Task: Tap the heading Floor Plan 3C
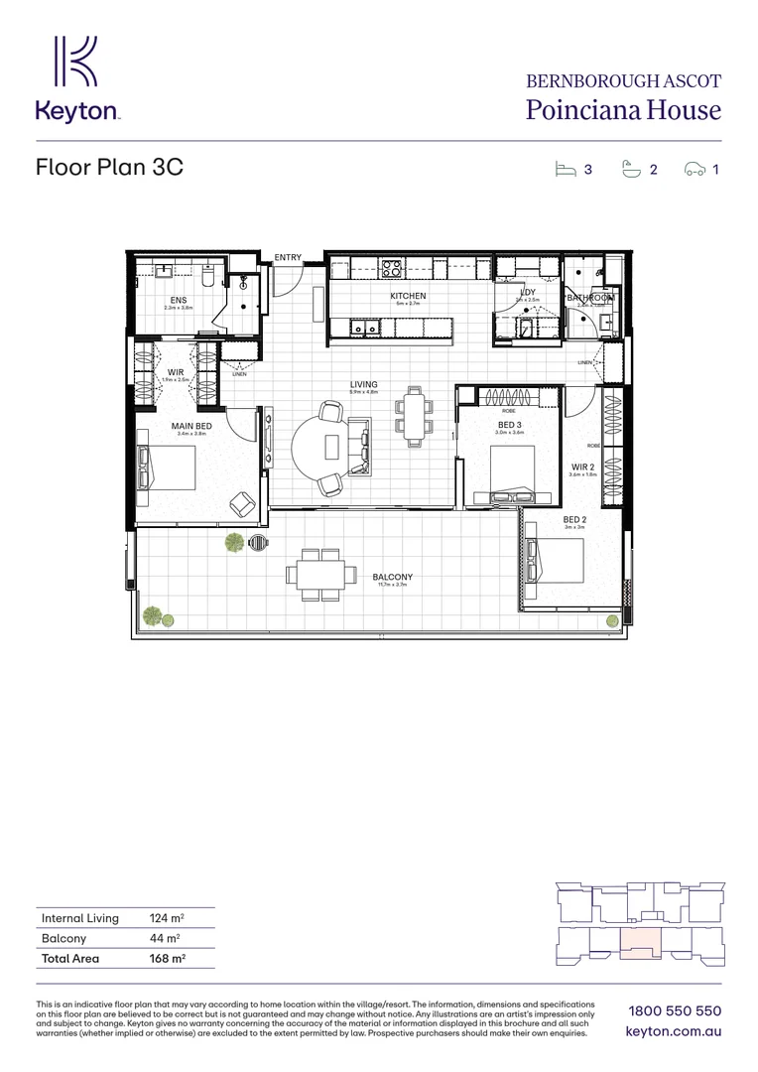click(109, 167)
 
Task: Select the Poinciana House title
click(623, 110)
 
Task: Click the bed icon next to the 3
click(566, 169)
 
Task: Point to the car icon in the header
click(695, 170)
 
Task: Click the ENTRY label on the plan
click(288, 258)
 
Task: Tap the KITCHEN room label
click(408, 296)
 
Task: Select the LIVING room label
click(363, 384)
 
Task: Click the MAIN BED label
click(191, 426)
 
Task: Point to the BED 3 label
click(510, 425)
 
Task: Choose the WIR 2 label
click(582, 467)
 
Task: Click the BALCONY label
click(393, 577)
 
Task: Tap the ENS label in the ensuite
click(178, 300)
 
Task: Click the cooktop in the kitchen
click(391, 267)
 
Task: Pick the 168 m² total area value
click(167, 959)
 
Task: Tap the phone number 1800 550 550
click(674, 1010)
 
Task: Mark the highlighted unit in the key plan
click(641, 944)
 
